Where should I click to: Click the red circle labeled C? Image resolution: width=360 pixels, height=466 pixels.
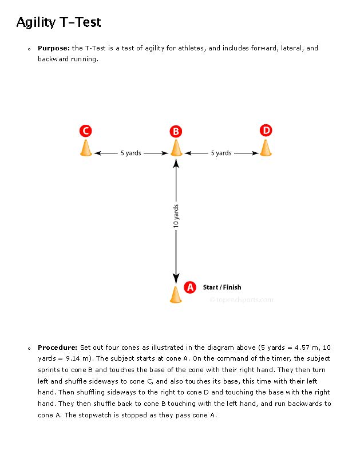pyautogui.click(x=85, y=131)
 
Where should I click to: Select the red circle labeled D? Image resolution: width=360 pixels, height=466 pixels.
pyautogui.click(x=266, y=130)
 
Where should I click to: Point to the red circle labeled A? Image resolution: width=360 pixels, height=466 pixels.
pyautogui.click(x=189, y=287)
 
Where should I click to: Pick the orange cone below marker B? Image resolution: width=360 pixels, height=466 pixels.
pyautogui.click(x=176, y=148)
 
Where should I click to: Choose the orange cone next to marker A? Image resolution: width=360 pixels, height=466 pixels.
pyautogui.click(x=176, y=294)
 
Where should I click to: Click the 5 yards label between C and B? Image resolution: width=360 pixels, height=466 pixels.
pyautogui.click(x=130, y=153)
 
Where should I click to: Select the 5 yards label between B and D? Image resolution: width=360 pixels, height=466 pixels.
pyautogui.click(x=221, y=153)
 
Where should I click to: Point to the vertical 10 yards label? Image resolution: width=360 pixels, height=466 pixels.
pyautogui.click(x=176, y=216)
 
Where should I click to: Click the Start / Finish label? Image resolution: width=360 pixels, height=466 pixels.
pyautogui.click(x=222, y=287)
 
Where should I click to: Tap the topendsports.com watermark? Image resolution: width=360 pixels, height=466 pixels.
pyautogui.click(x=242, y=299)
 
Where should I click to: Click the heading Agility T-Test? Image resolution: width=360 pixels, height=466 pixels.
pyautogui.click(x=58, y=22)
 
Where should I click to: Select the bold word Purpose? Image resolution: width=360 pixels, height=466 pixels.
pyautogui.click(x=54, y=48)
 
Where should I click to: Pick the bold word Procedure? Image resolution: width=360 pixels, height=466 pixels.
pyautogui.click(x=57, y=347)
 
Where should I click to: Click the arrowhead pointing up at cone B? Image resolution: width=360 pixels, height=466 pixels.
pyautogui.click(x=176, y=164)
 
